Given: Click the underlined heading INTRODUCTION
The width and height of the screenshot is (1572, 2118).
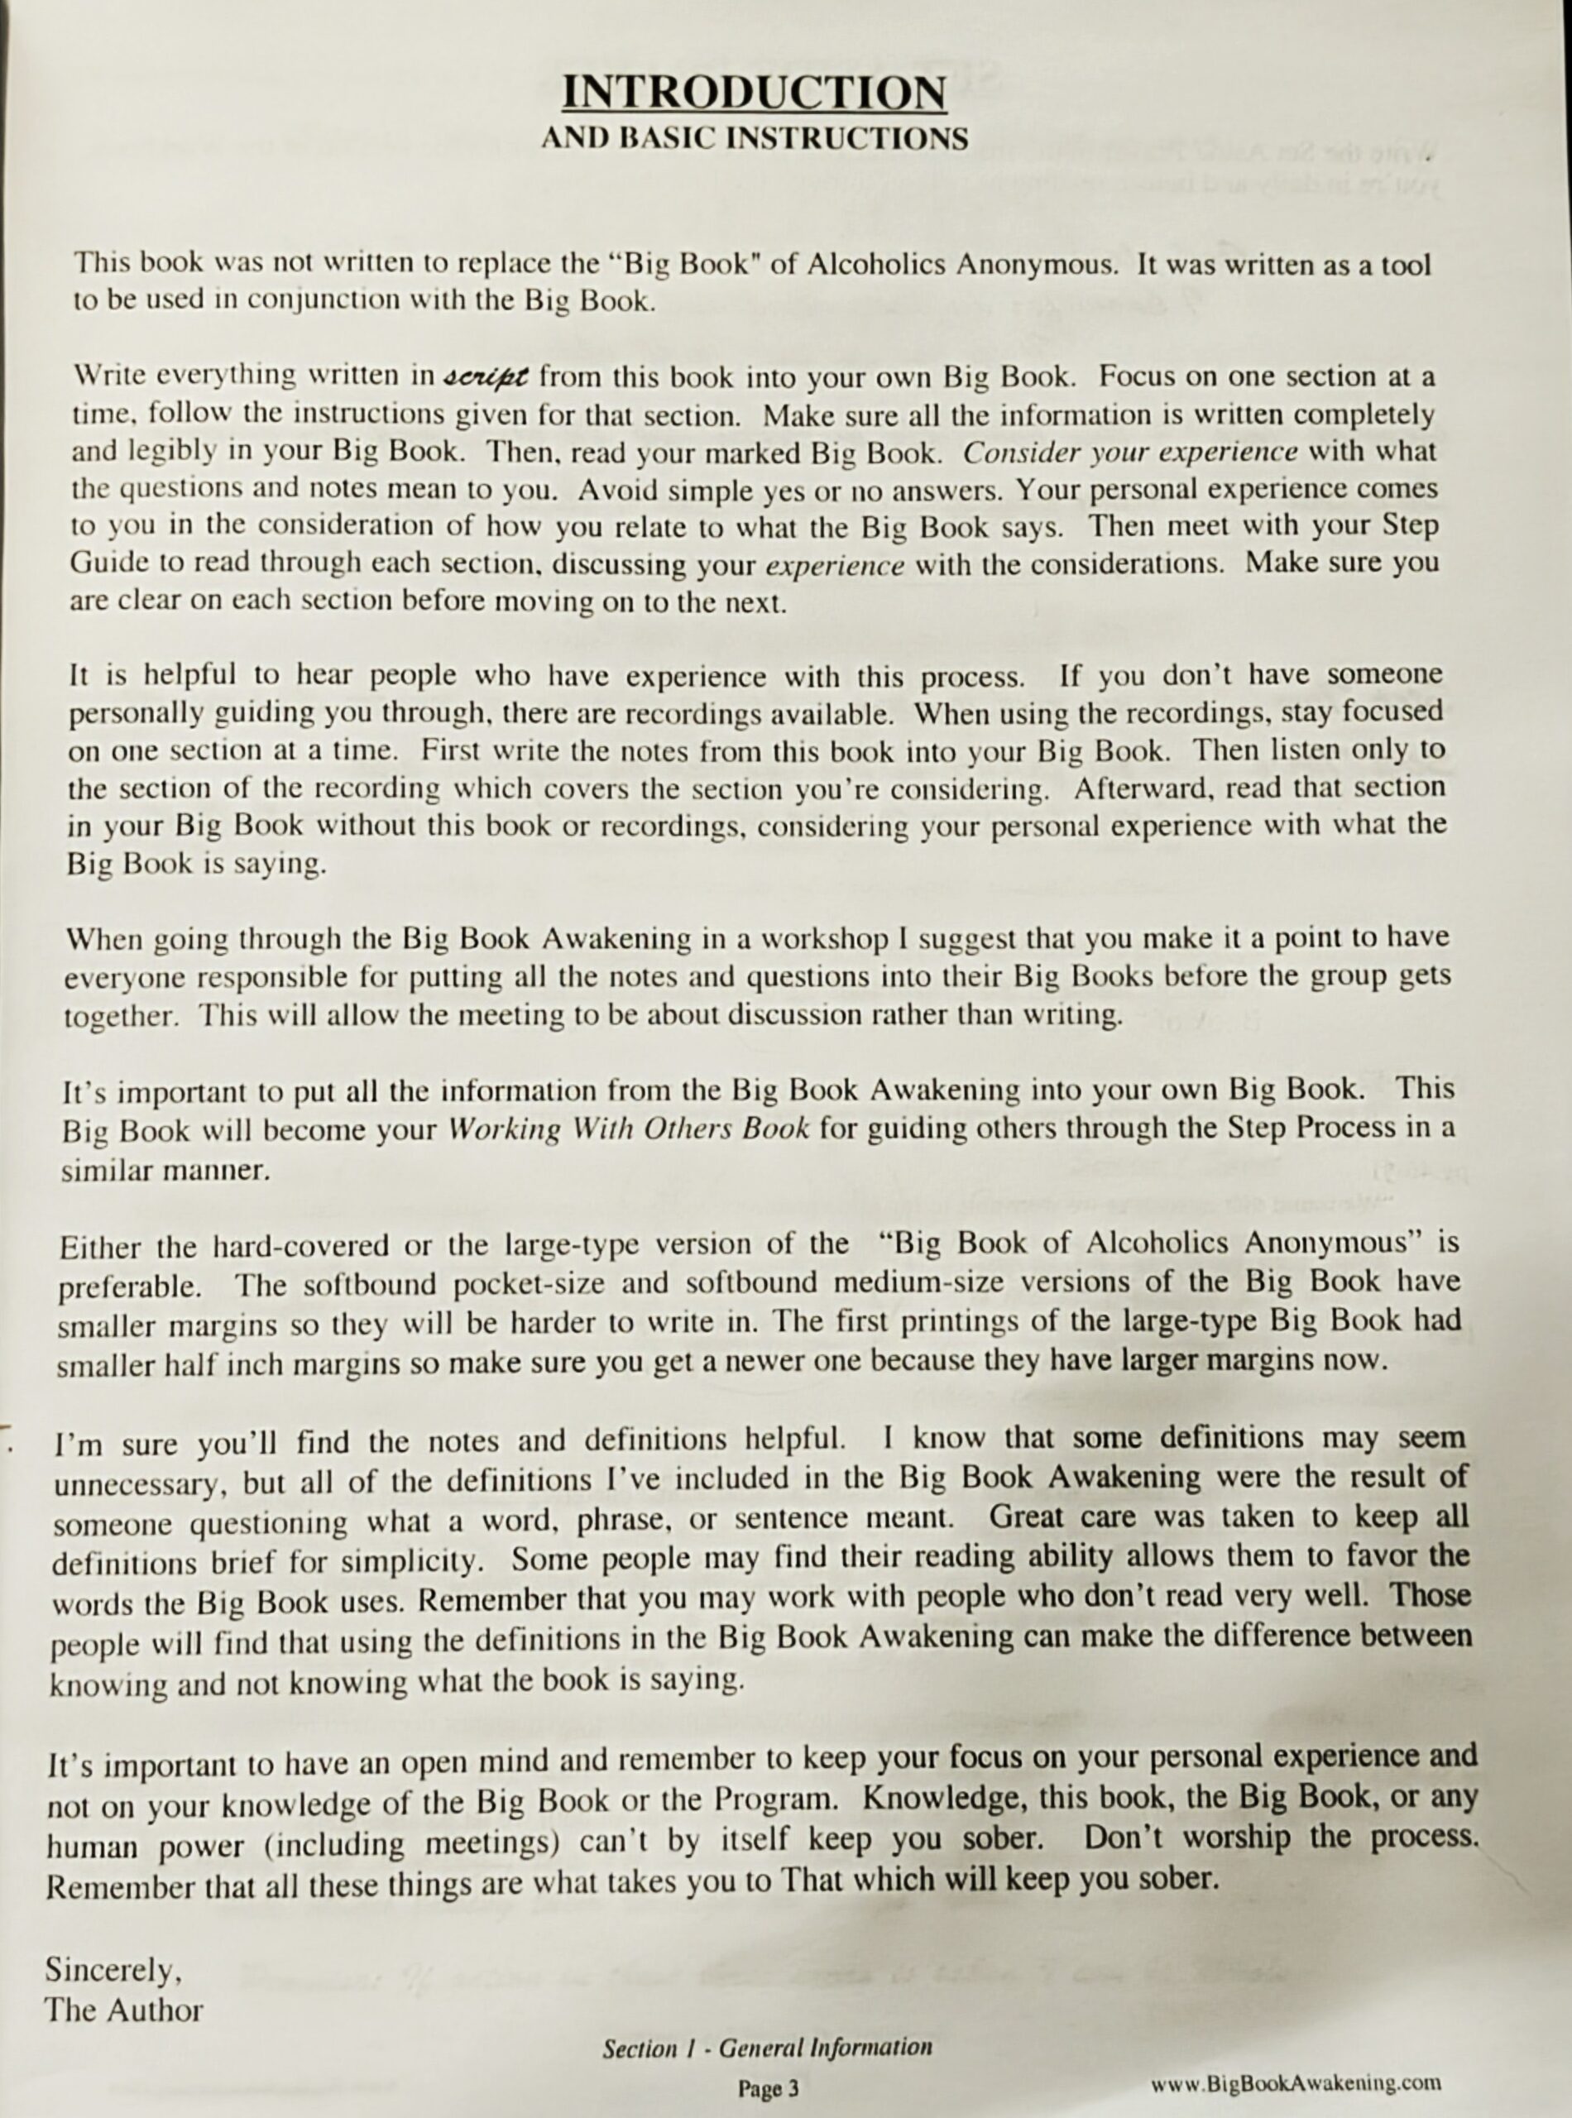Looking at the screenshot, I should pos(754,93).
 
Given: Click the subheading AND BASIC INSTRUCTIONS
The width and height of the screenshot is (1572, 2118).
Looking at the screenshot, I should pos(754,139).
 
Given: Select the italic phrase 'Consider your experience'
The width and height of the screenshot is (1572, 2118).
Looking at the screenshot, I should pos(1129,452).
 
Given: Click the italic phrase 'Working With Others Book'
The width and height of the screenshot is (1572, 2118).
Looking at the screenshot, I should pos(627,1129).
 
